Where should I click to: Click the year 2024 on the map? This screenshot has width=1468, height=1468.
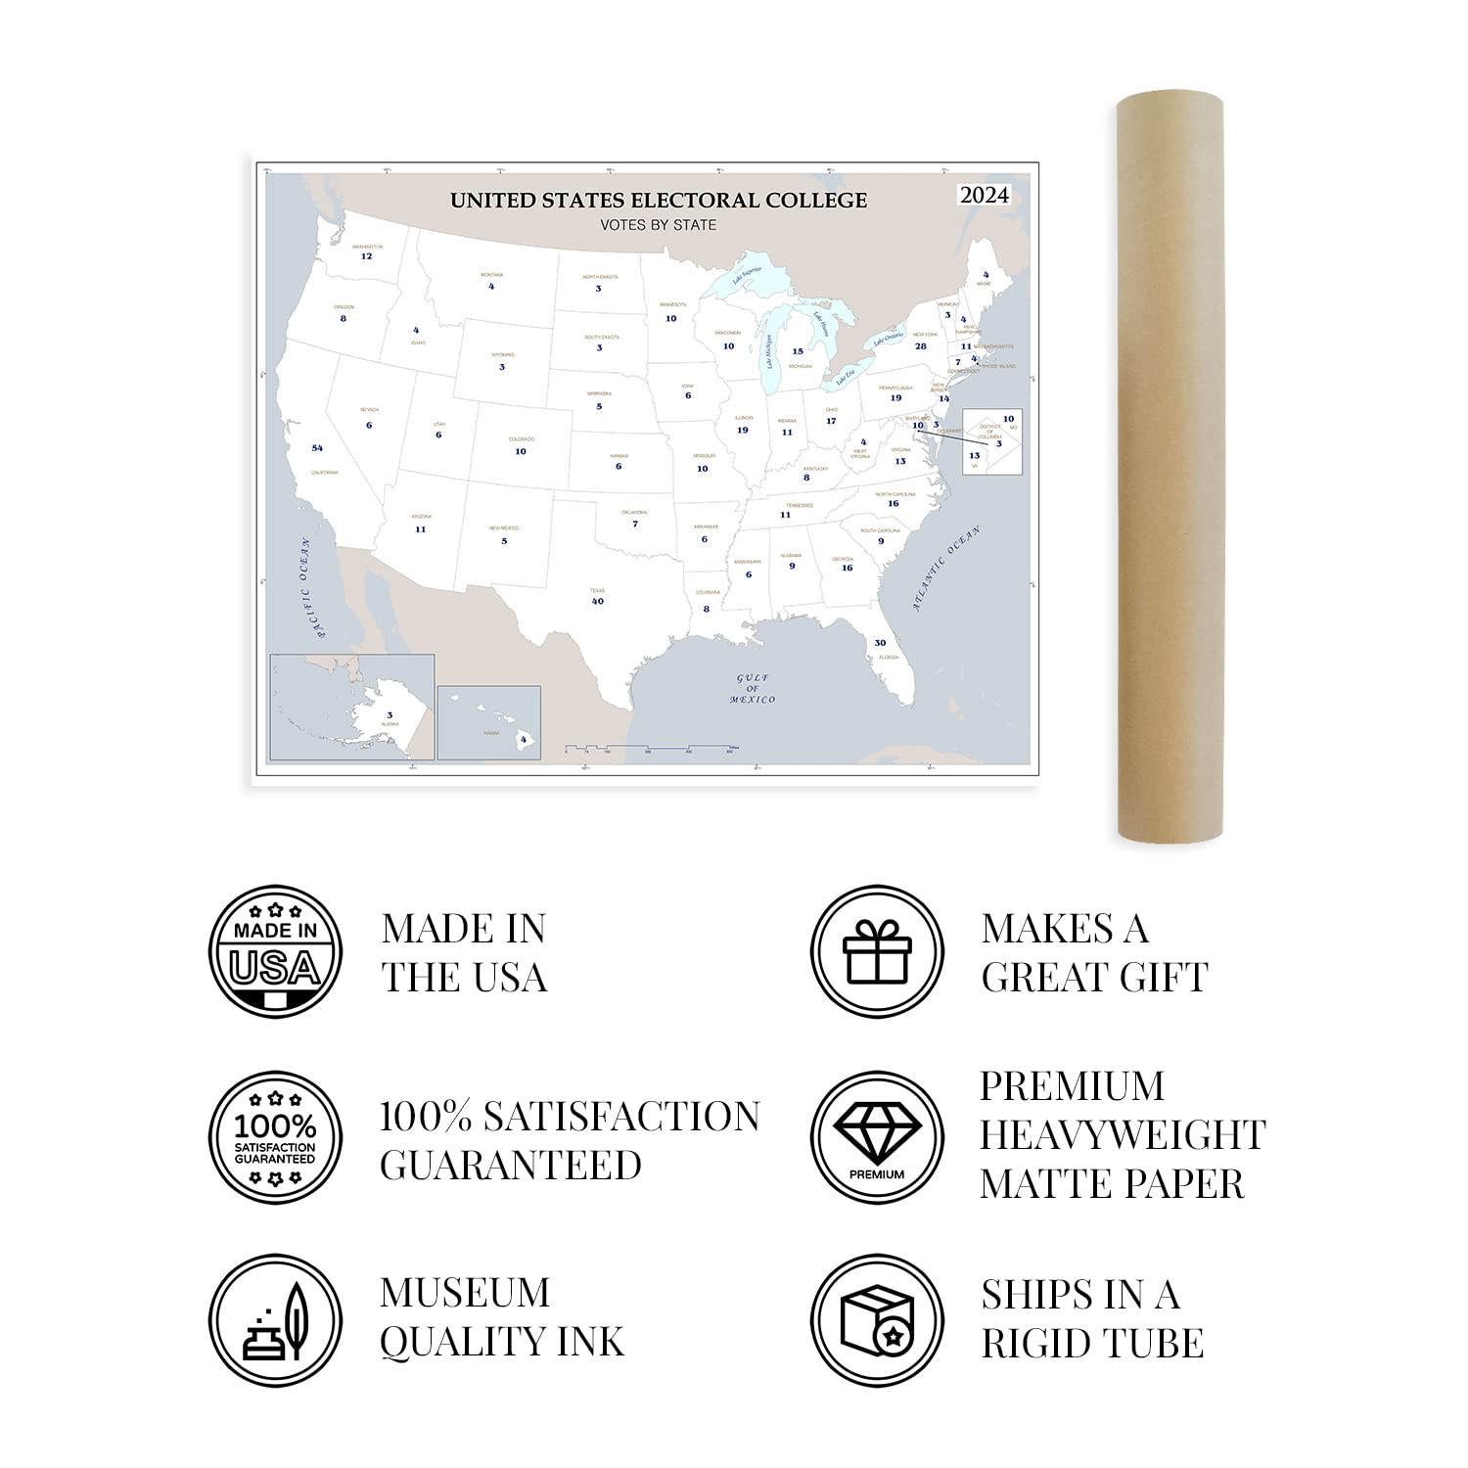[984, 195]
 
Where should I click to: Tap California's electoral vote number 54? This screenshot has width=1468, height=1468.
[317, 448]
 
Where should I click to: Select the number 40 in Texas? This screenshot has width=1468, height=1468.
[598, 601]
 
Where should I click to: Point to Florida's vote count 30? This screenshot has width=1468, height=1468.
[880, 643]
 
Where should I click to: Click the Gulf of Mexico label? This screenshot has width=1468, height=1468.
[753, 689]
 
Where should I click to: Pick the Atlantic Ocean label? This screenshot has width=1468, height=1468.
[945, 569]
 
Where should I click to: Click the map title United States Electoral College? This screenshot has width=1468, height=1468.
[658, 201]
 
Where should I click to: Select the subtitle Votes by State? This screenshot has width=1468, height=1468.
[658, 225]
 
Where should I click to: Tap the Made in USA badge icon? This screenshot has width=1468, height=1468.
[276, 952]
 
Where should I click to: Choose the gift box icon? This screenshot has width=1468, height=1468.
[877, 952]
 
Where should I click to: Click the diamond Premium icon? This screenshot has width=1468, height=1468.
[877, 1137]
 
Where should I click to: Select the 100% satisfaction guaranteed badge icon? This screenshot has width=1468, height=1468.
[276, 1137]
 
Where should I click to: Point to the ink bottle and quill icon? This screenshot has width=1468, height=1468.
[276, 1321]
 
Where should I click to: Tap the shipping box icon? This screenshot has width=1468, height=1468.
[877, 1321]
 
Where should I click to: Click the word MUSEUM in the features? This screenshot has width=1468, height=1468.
[465, 1293]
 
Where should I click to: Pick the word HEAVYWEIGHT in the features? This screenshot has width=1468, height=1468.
[1123, 1135]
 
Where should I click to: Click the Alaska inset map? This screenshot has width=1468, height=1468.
[352, 707]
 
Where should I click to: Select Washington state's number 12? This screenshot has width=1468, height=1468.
[366, 256]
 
